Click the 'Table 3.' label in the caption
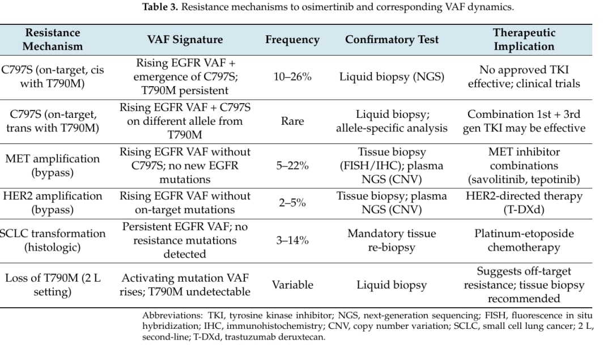click(160, 7)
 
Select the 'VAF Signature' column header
click(185, 40)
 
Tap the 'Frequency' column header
click(292, 40)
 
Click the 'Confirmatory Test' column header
click(392, 40)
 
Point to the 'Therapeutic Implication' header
click(524, 40)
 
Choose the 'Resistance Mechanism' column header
click(53, 40)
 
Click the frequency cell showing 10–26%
click(292, 77)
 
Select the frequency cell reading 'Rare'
click(292, 121)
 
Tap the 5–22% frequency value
click(292, 166)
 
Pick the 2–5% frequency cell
click(292, 202)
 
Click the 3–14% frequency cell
click(292, 240)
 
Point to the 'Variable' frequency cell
click(292, 285)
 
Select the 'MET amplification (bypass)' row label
click(53, 166)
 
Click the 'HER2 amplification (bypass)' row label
click(53, 202)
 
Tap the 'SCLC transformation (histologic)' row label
click(53, 240)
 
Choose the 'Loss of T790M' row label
click(53, 285)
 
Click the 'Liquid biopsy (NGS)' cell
click(392, 77)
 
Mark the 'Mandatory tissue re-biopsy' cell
click(392, 240)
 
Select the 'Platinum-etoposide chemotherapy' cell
click(524, 240)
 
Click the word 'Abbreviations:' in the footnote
click(172, 315)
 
